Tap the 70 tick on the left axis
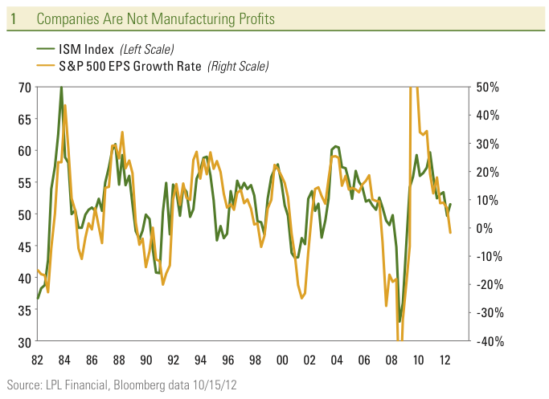[x=23, y=87]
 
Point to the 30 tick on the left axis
[x=23, y=342]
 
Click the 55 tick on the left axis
[x=23, y=182]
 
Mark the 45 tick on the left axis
[x=23, y=246]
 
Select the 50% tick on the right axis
[x=488, y=87]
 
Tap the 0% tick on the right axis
[x=485, y=228]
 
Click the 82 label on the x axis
[x=38, y=360]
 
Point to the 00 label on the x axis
[x=283, y=360]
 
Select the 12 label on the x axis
[x=445, y=360]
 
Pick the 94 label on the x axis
[x=201, y=360]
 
